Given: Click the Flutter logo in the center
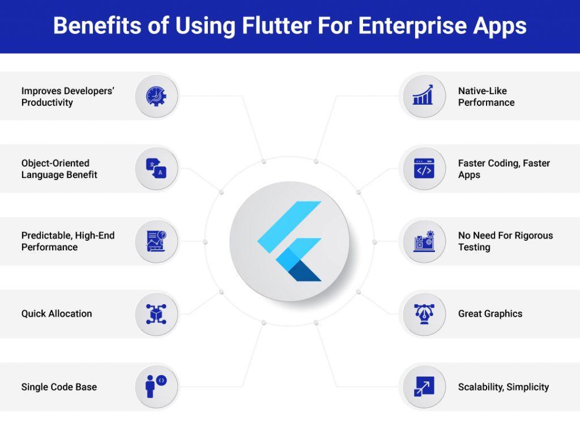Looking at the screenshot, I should pos(289,241).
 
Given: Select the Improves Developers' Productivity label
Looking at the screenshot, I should pos(68,96).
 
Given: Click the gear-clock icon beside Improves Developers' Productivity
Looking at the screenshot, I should pos(156,96).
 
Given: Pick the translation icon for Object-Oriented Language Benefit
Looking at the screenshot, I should pos(156,168).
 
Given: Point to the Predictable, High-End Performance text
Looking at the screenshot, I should pos(68,241).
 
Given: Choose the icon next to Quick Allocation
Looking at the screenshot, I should pos(156,313).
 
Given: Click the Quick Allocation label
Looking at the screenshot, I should pos(57,313).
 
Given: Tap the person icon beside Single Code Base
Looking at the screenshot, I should pos(156,387).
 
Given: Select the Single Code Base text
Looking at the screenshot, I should pos(59,387).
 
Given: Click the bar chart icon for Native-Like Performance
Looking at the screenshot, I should pos(423,96).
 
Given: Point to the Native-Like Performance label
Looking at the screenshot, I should pos(486,96).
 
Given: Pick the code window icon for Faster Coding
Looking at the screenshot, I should pos(423,168).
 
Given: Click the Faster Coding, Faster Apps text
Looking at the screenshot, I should pos(504,169).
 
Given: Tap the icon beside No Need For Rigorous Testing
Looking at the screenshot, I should pos(423,241).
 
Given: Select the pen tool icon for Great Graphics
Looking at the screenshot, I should pos(423,313).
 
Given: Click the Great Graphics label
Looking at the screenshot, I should pos(490,313).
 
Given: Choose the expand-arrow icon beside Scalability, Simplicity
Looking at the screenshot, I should pos(423,387).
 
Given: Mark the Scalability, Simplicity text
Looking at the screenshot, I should pos(503,387).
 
